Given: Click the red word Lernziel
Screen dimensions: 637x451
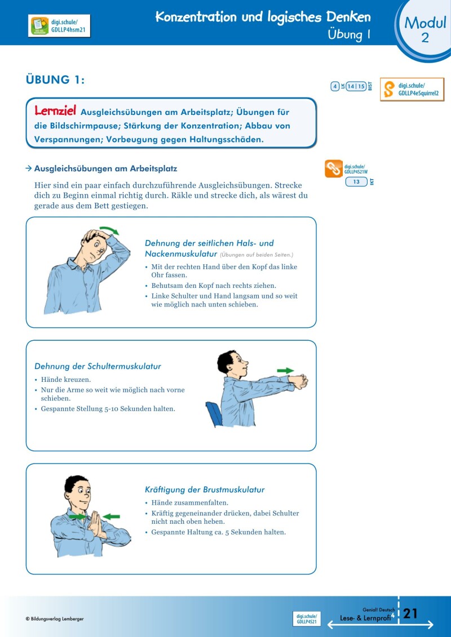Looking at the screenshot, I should pyautogui.click(x=55, y=110).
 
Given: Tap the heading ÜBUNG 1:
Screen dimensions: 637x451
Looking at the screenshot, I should pyautogui.click(x=55, y=80).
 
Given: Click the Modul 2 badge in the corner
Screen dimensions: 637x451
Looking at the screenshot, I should pyautogui.click(x=425, y=29).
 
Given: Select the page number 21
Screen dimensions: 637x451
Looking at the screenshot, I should pyautogui.click(x=410, y=613).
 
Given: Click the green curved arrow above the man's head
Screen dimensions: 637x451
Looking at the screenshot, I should pyautogui.click(x=109, y=230).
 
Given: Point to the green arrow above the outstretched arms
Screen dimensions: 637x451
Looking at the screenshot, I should pyautogui.click(x=286, y=371).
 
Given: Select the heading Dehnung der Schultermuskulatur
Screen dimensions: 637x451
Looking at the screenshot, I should pyautogui.click(x=98, y=366).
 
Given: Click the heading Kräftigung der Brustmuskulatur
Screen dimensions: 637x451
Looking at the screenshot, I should pyautogui.click(x=205, y=489).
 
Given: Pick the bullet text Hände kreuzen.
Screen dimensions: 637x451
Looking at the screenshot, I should pyautogui.click(x=65, y=380).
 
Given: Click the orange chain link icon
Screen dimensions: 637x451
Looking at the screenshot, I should pyautogui.click(x=334, y=169).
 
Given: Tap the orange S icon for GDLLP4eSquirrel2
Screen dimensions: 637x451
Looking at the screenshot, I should pyautogui.click(x=389, y=90).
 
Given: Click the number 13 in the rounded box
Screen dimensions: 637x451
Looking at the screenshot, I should pyautogui.click(x=356, y=182).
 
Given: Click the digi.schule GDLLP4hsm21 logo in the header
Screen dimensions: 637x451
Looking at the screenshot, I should pyautogui.click(x=59, y=26).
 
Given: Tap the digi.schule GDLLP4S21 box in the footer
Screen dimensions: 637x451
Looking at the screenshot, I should pyautogui.click(x=307, y=619).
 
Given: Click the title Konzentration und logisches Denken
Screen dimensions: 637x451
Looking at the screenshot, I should pyautogui.click(x=263, y=17).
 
